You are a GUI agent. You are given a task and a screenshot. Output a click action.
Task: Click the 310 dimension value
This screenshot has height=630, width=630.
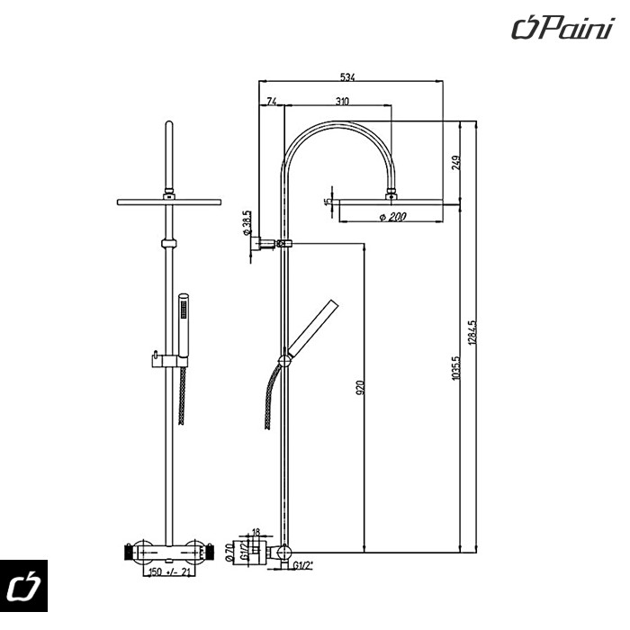[x=342, y=102]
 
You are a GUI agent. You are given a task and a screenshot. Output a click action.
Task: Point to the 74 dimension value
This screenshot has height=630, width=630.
[x=272, y=102]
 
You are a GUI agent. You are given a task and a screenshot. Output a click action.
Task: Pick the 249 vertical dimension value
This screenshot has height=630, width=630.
[x=456, y=162]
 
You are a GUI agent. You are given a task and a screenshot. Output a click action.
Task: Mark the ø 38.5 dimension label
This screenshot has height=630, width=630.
[x=246, y=221]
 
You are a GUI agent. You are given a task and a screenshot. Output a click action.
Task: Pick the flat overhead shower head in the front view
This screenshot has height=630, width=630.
[x=168, y=201]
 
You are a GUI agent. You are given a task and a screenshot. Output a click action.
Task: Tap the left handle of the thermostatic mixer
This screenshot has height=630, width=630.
[x=129, y=550]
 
